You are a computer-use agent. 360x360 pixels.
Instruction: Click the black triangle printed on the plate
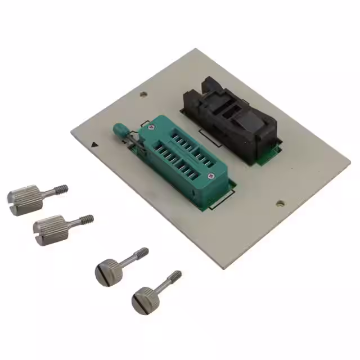coord(94,144)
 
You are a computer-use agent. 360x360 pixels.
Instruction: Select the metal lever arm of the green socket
coord(132,141)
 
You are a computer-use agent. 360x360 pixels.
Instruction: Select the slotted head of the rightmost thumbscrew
coord(142,300)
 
